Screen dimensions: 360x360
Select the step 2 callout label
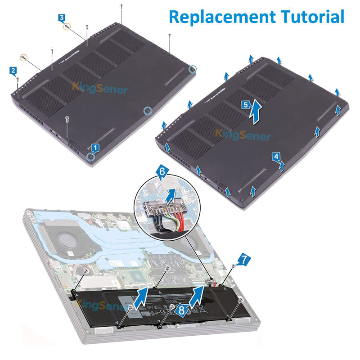[x=13, y=71]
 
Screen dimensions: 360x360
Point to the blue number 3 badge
[x=62, y=18]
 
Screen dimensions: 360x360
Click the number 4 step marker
[x=276, y=156]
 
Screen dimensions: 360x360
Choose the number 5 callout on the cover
[x=245, y=104]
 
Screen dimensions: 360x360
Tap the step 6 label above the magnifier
[x=163, y=171]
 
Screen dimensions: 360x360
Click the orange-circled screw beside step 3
[x=67, y=27]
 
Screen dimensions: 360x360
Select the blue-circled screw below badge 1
[x=91, y=156]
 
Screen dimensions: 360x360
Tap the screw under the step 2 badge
[x=17, y=81]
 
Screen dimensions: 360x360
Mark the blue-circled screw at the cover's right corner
[x=193, y=69]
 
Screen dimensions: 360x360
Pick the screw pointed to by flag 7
[x=233, y=266]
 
